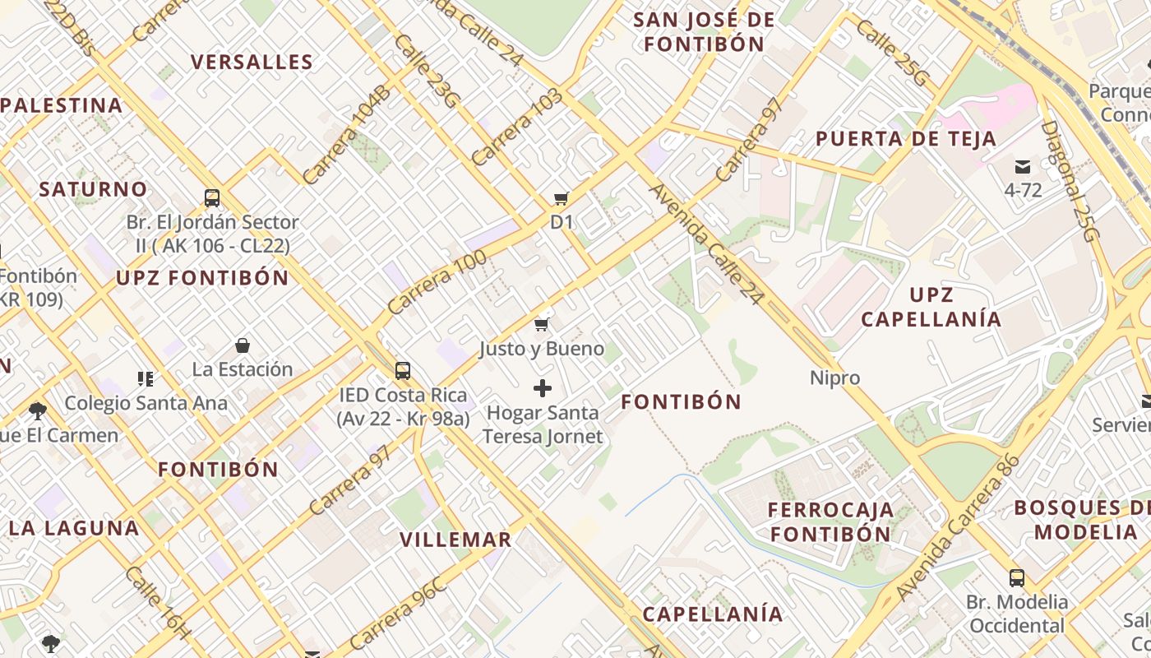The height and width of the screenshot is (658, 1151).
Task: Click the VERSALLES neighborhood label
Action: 252,63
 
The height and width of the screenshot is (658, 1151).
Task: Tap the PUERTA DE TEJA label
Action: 906,139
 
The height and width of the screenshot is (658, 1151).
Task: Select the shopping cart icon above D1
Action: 562,198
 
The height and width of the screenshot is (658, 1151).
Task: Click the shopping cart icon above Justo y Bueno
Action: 541,324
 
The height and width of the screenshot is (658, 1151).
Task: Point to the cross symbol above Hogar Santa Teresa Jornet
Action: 543,388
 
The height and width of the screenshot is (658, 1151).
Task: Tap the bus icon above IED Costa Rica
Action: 403,371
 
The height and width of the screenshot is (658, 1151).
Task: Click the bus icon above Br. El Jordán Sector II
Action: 212,198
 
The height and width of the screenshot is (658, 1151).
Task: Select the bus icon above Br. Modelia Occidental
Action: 1017,577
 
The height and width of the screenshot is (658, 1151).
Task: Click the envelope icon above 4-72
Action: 1023,167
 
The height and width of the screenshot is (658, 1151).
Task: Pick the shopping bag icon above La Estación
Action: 243,345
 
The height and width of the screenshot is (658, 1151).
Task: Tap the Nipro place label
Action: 834,378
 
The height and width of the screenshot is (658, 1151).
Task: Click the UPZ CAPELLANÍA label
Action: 931,307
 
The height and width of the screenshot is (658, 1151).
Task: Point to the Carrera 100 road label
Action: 437,282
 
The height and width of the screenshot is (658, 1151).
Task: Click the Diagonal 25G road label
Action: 1070,181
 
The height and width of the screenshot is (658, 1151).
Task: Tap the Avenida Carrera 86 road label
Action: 958,527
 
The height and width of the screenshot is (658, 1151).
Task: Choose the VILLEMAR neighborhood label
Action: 455,540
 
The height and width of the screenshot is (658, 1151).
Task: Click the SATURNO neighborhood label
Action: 93,189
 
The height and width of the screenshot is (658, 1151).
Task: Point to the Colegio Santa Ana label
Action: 146,403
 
